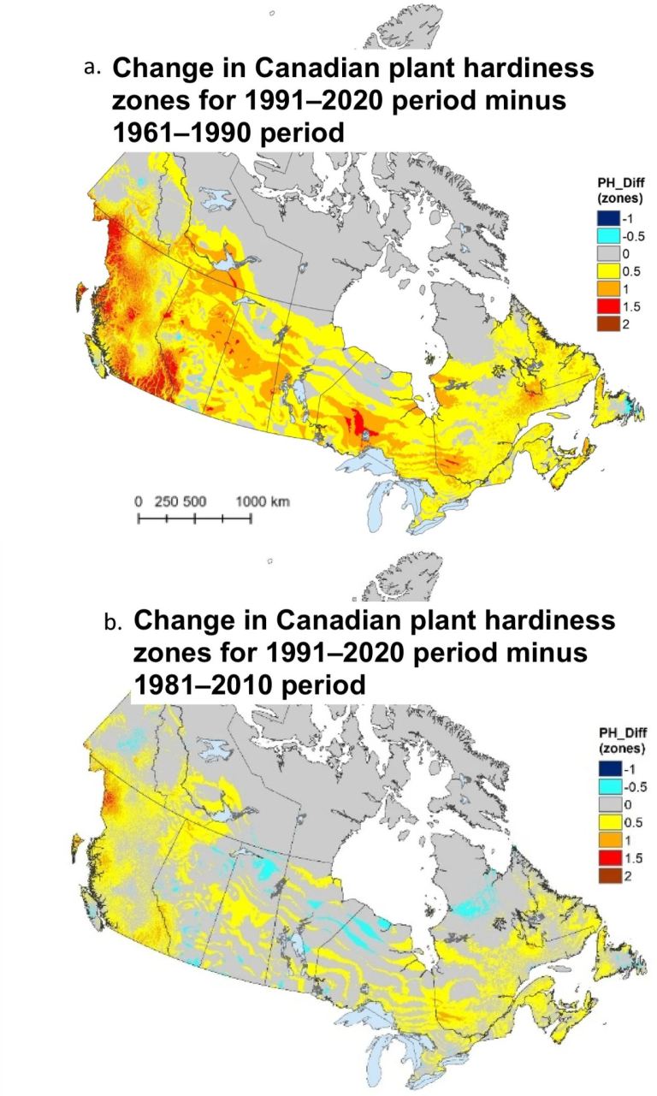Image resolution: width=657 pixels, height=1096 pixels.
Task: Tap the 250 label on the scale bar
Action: pyautogui.click(x=166, y=501)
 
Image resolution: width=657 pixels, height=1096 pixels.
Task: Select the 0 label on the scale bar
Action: pyautogui.click(x=139, y=501)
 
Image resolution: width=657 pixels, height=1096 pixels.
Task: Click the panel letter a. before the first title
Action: pyautogui.click(x=93, y=67)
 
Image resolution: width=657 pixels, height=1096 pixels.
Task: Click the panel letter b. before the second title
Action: pyautogui.click(x=114, y=622)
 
